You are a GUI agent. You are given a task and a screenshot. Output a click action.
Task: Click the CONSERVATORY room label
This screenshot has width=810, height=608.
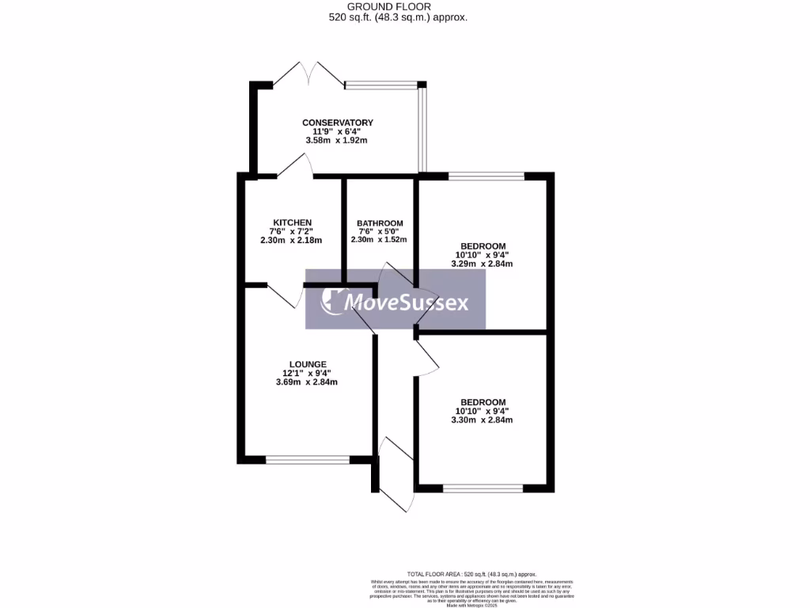pos(337,123)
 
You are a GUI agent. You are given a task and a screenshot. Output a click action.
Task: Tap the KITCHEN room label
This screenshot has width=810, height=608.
pos(292,222)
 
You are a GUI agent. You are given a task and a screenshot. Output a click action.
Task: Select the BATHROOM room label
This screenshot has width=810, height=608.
pos(380,223)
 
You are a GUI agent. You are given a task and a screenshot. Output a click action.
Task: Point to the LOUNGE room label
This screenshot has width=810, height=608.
pos(307,364)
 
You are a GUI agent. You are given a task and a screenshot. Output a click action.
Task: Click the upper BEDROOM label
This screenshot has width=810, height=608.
pos(483,246)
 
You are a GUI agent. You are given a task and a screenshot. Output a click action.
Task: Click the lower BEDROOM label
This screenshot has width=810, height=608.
pos(483,402)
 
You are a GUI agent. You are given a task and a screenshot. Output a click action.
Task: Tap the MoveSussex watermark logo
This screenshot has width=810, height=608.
pos(396,302)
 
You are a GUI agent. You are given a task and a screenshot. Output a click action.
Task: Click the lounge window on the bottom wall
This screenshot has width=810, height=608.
pos(308,458)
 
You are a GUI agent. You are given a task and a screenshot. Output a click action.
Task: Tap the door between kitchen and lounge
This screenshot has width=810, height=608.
pos(285,296)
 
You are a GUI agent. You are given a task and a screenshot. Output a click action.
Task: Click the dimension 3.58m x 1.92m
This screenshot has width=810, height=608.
pos(337,140)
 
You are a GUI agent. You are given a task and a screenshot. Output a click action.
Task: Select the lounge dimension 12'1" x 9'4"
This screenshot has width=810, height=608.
pos(307,373)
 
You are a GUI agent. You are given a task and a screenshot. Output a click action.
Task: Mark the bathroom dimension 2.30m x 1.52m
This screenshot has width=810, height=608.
pos(380,240)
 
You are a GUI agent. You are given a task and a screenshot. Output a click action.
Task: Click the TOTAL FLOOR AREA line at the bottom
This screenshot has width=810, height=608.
pos(471,574)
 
